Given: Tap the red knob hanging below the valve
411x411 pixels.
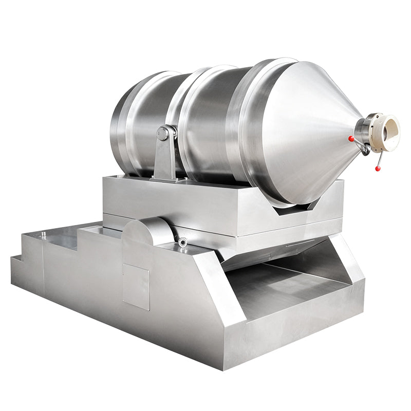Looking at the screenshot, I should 378,169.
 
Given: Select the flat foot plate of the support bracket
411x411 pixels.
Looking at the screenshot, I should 167,179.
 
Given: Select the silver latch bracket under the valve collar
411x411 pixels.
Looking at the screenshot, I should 365,148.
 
